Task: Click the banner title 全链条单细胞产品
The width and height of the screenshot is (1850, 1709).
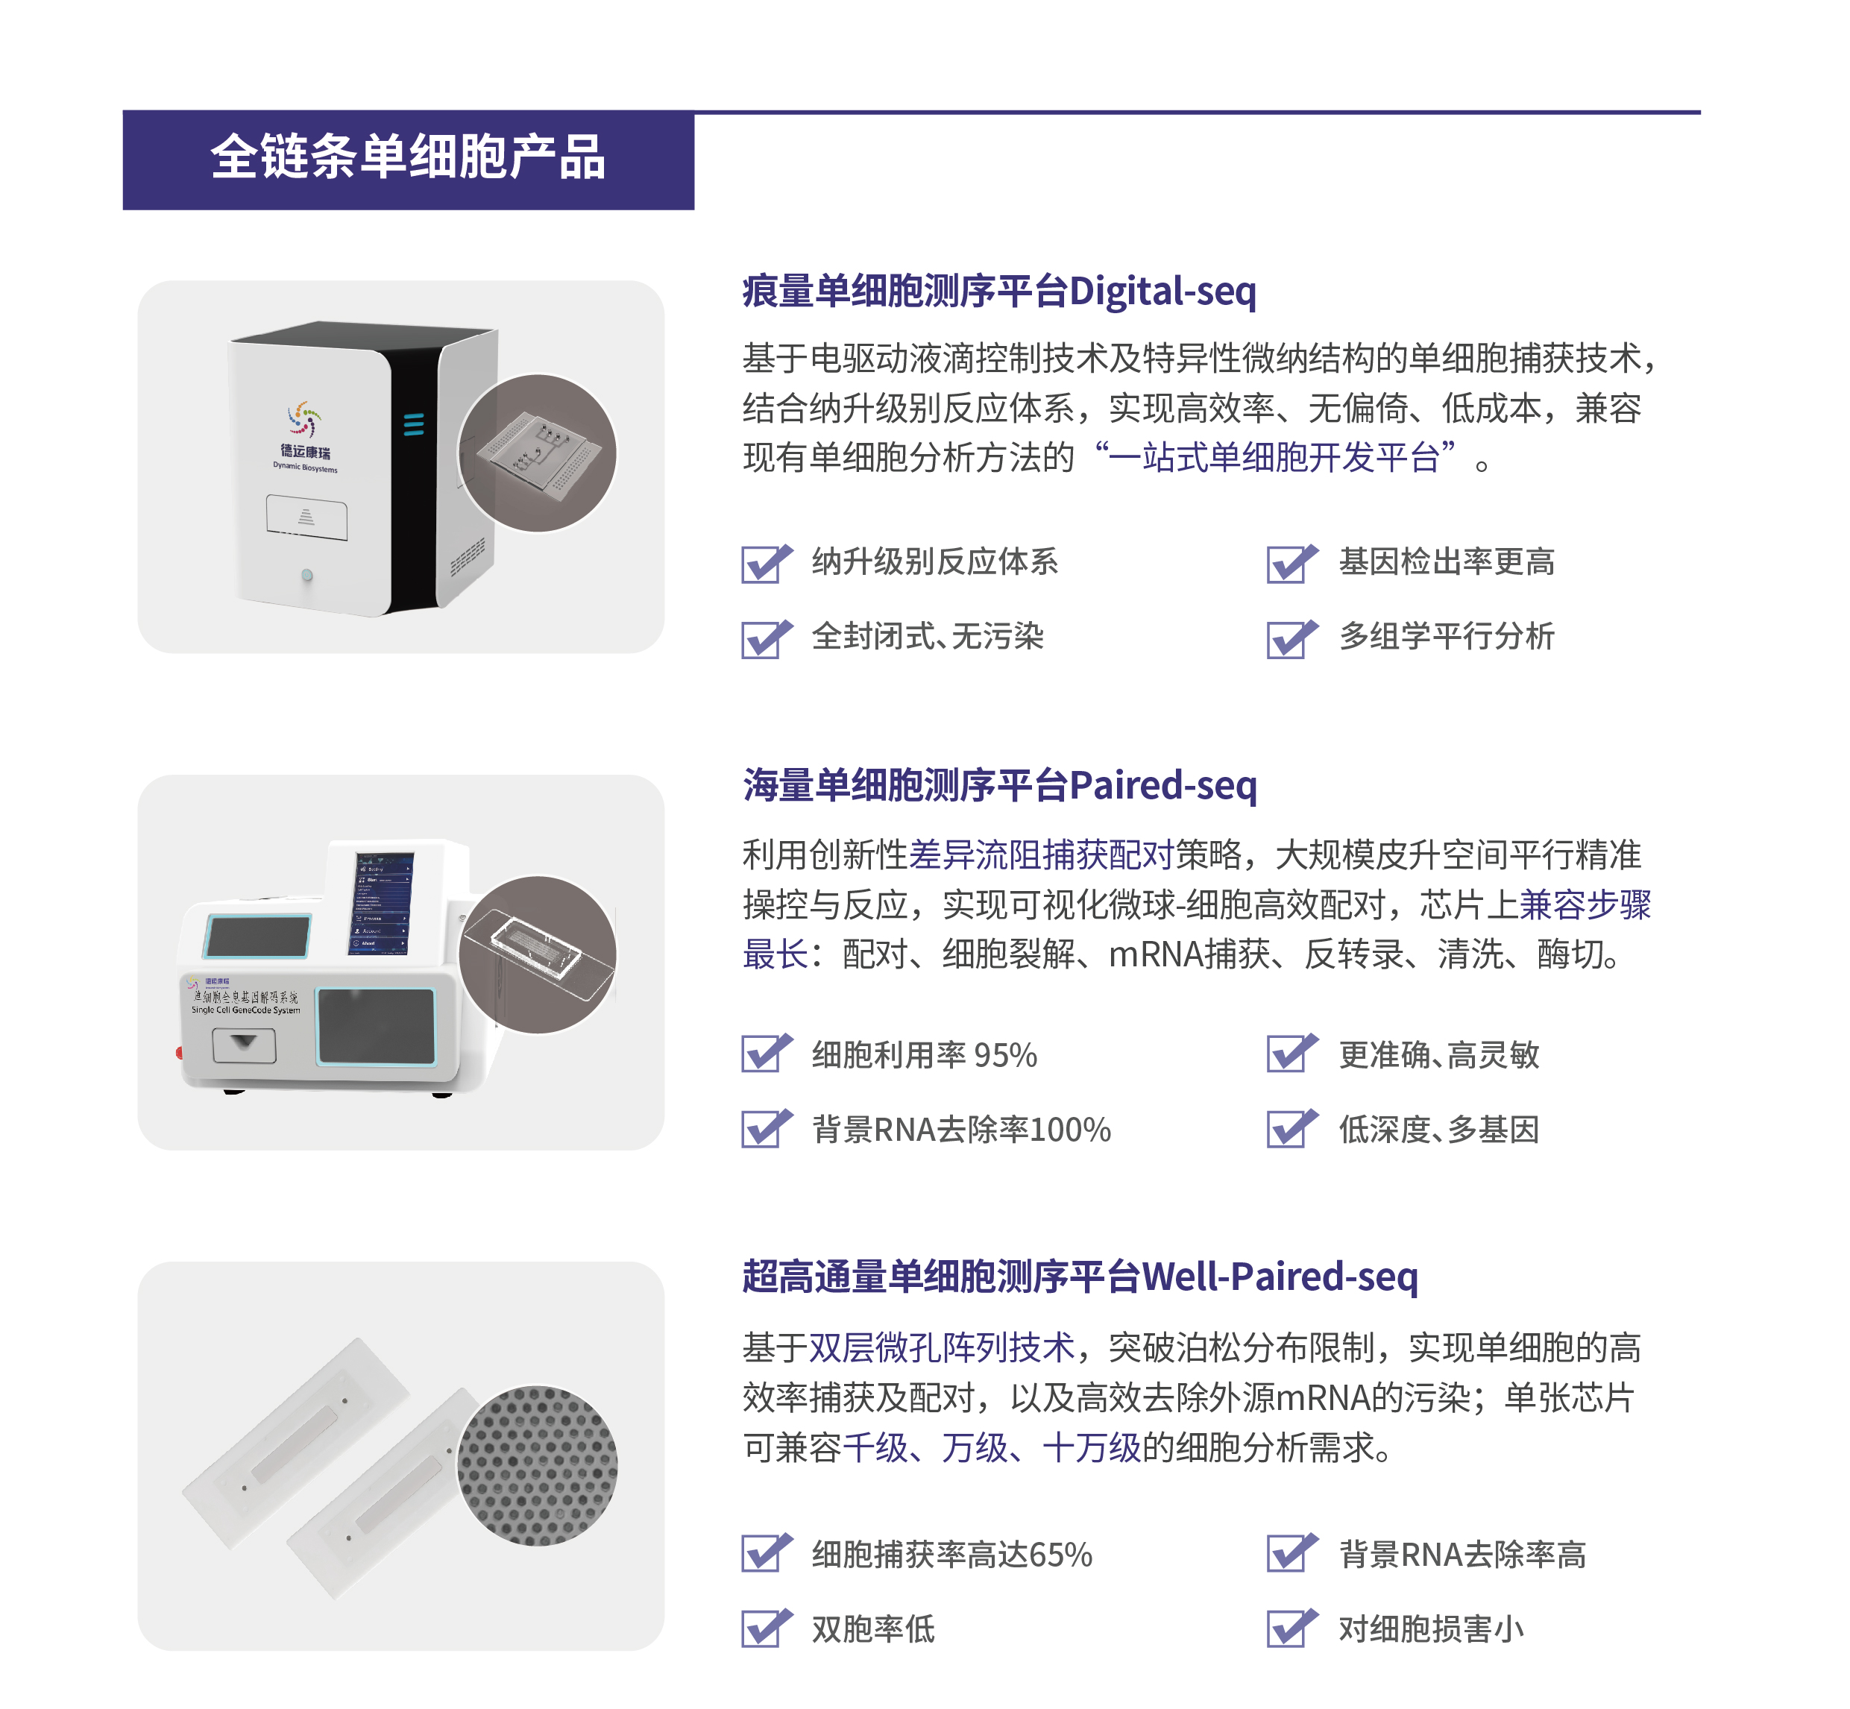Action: point(407,157)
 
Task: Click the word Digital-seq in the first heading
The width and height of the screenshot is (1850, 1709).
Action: point(1162,292)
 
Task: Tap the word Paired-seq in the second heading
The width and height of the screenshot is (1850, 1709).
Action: point(1162,785)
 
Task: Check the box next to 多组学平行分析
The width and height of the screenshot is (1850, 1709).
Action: point(1289,638)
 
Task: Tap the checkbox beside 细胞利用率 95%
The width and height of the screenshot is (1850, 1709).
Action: point(764,1054)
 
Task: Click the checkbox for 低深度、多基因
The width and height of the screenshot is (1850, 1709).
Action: point(1289,1128)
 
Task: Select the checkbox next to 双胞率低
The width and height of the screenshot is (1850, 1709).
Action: point(764,1628)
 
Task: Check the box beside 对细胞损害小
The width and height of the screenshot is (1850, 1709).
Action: point(1289,1628)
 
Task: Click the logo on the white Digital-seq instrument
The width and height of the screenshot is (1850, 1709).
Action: point(304,420)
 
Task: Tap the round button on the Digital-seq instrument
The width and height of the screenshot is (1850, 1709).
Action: point(307,575)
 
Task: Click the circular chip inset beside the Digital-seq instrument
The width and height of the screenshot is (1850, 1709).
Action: point(538,453)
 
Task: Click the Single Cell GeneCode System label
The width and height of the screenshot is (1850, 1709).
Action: point(245,1010)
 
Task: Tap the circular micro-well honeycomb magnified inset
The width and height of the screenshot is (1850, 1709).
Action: point(538,1465)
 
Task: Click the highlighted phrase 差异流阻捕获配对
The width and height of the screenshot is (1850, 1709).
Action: point(1041,854)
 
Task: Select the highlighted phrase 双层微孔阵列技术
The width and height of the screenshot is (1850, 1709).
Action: point(942,1347)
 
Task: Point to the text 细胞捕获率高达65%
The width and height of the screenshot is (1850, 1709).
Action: point(951,1555)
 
